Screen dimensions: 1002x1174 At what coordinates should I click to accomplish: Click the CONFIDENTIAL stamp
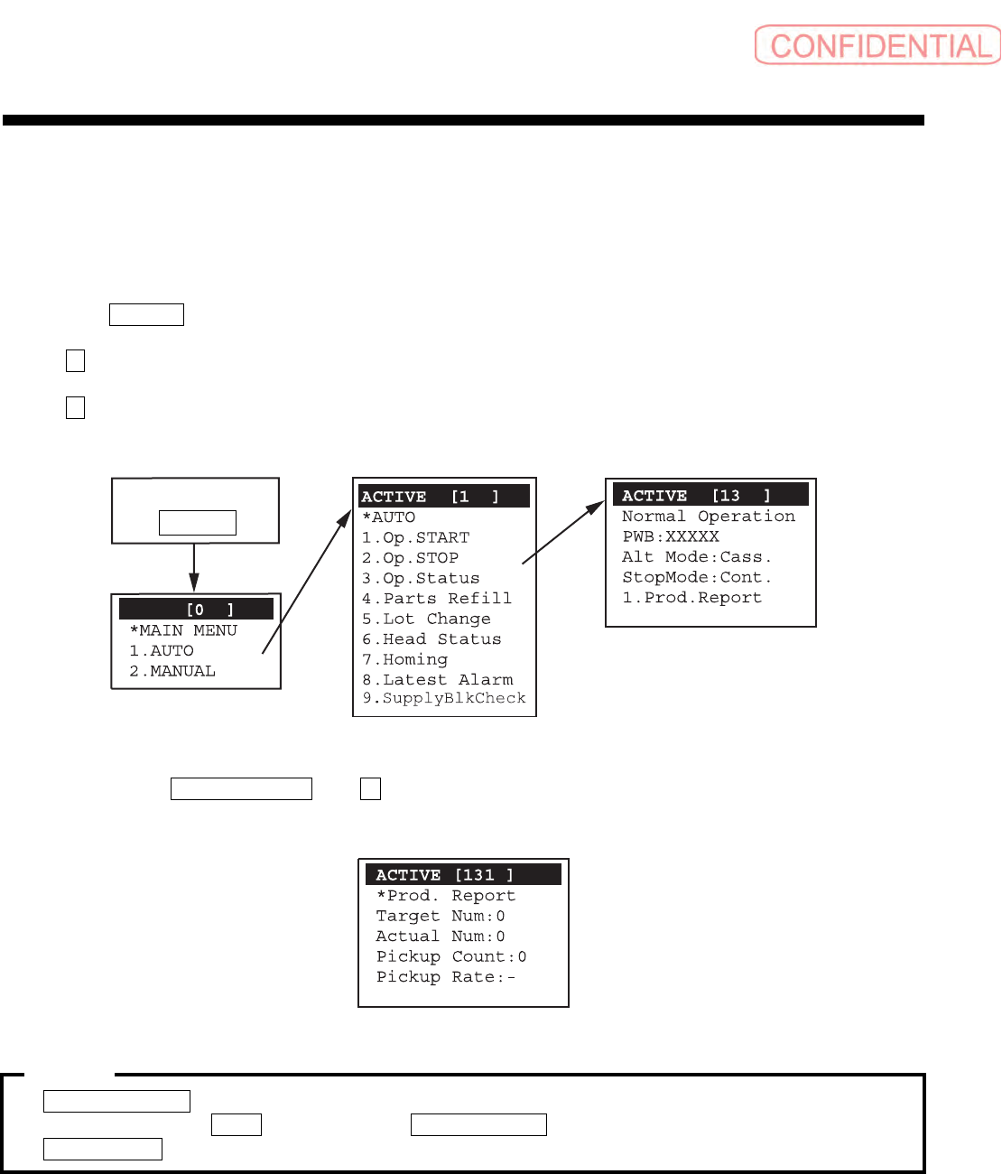coord(877,45)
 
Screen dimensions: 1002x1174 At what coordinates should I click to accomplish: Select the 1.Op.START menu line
coord(415,538)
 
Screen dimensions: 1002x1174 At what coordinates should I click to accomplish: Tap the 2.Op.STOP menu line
coord(410,558)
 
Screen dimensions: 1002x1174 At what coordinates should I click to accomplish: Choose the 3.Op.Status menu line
coord(421,579)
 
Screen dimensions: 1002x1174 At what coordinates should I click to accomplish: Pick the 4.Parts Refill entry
coord(436,599)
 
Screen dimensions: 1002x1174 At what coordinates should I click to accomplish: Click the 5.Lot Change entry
coord(426,620)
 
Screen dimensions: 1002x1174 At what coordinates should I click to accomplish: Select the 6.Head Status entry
coord(431,639)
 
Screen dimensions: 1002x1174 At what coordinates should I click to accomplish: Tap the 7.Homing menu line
coord(404,660)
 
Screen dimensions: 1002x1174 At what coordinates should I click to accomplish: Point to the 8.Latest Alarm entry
coord(437,680)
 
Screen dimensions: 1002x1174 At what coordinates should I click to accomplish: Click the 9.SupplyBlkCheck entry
coord(444,699)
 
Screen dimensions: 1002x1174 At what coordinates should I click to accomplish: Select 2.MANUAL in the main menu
coord(172,671)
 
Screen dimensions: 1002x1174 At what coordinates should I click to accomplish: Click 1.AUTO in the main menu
coord(162,651)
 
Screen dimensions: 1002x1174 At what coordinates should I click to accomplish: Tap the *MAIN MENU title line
coord(183,630)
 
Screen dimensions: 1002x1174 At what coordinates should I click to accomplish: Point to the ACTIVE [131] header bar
coord(463,874)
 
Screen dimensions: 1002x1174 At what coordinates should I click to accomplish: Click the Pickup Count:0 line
coord(451,956)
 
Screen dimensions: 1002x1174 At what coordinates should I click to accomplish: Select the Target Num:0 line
coord(441,916)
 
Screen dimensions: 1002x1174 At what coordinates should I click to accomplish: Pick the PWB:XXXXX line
coord(671,536)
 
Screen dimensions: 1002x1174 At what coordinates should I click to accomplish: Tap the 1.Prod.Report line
coord(691,598)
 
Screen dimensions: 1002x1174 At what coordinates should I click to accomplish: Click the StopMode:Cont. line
coord(697,577)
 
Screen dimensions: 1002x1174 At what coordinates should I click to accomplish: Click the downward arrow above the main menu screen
coord(194,568)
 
